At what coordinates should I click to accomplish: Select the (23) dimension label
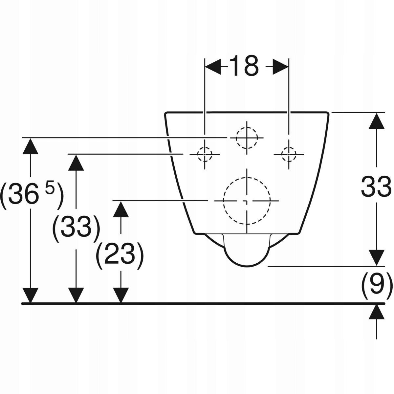click(x=120, y=256)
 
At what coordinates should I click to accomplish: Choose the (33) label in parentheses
click(x=76, y=229)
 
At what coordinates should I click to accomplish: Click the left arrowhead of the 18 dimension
click(x=213, y=67)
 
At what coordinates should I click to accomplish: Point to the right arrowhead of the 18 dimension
click(x=280, y=67)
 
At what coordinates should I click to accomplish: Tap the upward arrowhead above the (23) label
click(x=121, y=209)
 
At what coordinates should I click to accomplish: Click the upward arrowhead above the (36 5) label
click(x=31, y=146)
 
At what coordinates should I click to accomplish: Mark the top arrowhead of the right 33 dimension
click(x=377, y=120)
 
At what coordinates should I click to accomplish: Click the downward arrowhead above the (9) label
click(x=377, y=258)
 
